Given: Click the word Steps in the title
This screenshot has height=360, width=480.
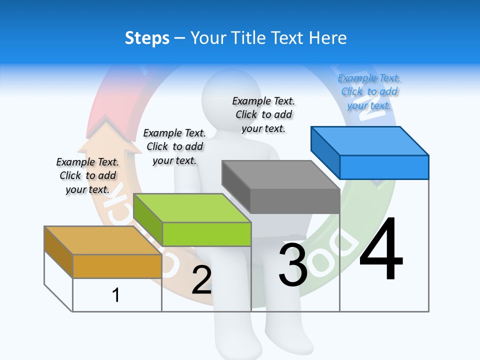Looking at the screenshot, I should pos(147,38).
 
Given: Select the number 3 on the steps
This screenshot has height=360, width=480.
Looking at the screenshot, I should pos(293,265).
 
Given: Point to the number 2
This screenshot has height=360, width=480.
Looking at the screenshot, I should pos(201,280).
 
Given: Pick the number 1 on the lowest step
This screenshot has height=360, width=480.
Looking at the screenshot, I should pos(115,295).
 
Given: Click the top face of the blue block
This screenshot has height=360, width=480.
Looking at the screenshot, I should pos(370,140).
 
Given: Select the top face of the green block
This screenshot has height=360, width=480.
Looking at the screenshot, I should pos(192,207).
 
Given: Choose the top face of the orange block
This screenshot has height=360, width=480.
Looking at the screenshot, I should pos(103,240).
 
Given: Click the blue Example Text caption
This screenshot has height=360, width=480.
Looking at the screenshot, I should pos(369,91).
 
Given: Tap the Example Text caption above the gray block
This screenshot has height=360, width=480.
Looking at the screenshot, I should pos(263,114).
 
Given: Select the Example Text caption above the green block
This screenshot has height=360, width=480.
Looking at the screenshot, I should pos(174,146).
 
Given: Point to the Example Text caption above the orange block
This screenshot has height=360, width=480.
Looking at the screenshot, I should pos(87,175).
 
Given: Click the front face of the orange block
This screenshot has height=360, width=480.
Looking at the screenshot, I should pos(117,266).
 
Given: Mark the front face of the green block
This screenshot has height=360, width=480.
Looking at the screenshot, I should pos(206,234).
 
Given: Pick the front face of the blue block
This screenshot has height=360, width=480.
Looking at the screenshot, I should pos(384,167).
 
